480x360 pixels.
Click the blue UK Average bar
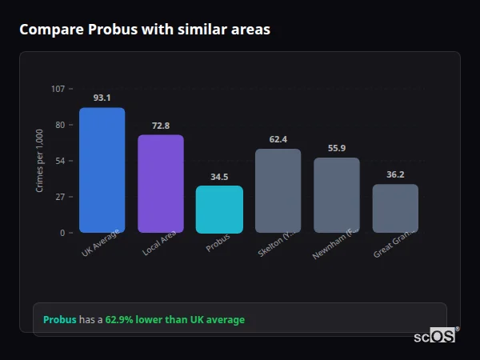click(102, 170)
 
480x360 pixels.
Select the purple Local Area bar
click(160, 183)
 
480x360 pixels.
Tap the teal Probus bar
click(219, 209)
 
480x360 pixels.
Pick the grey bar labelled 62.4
click(278, 190)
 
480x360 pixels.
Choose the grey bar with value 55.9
click(336, 194)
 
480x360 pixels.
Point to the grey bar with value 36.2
click(395, 208)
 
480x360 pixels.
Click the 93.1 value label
click(102, 98)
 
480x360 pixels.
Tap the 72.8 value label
click(160, 126)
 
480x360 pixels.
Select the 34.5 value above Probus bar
click(219, 177)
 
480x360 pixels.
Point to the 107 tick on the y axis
click(58, 89)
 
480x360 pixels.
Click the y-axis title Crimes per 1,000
click(40, 161)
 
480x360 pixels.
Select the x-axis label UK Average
click(101, 242)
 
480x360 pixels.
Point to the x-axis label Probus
click(218, 242)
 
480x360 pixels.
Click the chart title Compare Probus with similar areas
click(145, 30)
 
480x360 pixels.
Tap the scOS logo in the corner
click(434, 336)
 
